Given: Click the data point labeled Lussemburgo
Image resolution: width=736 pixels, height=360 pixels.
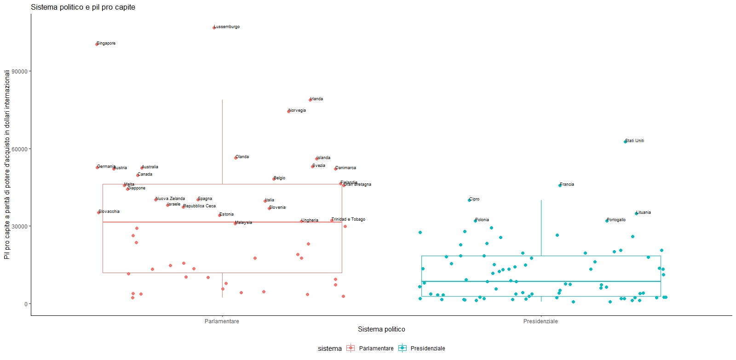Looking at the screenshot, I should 214,28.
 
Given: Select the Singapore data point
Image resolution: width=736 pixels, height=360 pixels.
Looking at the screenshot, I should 97,44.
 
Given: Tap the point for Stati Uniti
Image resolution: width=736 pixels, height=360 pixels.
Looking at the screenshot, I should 625,142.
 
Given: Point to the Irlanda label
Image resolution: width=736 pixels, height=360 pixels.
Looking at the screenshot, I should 316,99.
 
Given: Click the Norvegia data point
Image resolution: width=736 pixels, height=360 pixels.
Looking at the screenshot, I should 288,111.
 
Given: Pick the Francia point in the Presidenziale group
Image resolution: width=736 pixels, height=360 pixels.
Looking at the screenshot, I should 560,185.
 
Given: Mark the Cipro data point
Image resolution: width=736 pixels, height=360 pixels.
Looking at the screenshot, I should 469,200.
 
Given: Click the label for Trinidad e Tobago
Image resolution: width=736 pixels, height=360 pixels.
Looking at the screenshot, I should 348,219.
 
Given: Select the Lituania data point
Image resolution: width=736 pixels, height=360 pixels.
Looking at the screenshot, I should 637,213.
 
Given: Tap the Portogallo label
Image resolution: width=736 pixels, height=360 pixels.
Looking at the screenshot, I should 616,220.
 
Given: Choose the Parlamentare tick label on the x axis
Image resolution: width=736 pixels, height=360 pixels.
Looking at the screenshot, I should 222,321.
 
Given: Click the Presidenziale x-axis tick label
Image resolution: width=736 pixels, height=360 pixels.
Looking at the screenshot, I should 540,321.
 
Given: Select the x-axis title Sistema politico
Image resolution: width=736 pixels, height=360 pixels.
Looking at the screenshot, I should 381,329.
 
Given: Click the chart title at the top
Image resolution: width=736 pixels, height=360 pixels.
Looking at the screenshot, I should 83,7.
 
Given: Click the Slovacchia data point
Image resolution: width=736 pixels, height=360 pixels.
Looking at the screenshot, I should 98,212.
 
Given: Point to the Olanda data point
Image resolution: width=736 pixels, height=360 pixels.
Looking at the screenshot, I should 236,158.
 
